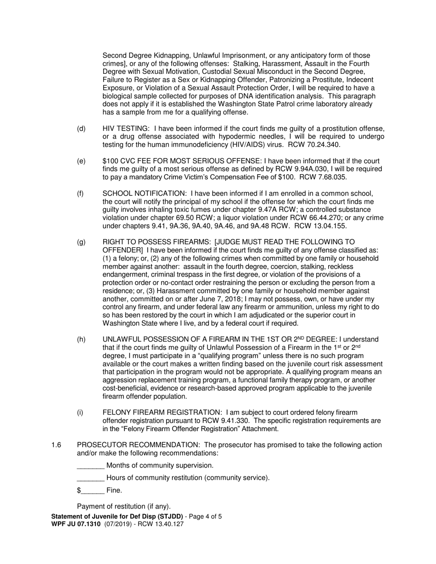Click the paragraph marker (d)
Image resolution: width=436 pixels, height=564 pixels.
(x=81, y=129)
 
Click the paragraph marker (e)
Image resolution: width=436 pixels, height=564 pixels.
(x=81, y=161)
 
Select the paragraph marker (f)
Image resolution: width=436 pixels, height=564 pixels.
(x=80, y=194)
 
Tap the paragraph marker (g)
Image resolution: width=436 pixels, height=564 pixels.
(x=81, y=242)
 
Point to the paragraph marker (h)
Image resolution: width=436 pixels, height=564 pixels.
(x=81, y=339)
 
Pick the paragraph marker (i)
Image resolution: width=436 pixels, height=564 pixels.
(x=80, y=413)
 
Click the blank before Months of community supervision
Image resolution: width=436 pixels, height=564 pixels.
(x=90, y=466)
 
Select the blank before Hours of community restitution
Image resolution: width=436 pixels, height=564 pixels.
(x=90, y=478)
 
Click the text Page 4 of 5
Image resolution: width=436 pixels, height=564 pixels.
(x=206, y=516)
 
